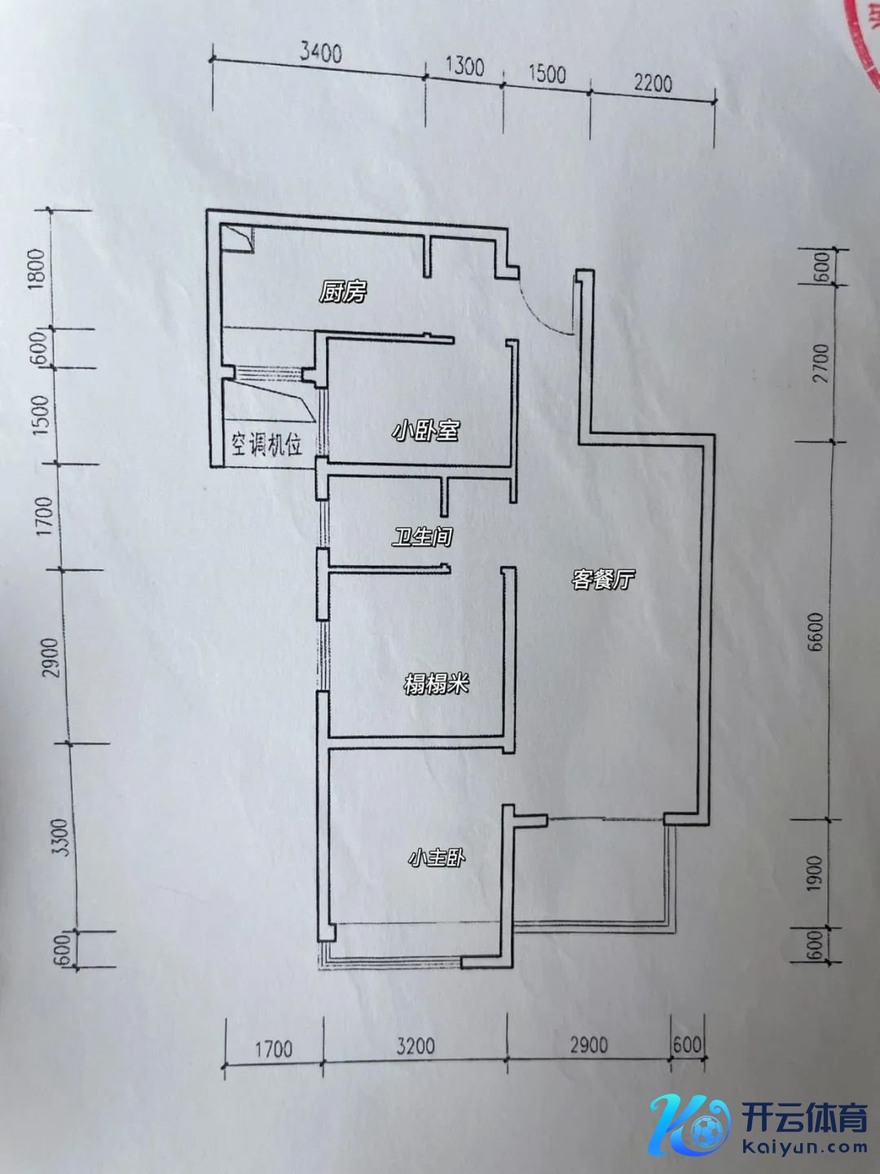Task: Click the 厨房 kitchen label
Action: tap(342, 293)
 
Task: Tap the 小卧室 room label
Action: tap(426, 430)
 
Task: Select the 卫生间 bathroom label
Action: tap(422, 536)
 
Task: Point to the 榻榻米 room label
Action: tap(436, 684)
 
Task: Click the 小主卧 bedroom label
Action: tap(437, 858)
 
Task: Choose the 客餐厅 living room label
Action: tap(603, 579)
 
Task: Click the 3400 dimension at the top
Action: tap(320, 54)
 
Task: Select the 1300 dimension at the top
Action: tap(464, 68)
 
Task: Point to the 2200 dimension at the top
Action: tap(653, 84)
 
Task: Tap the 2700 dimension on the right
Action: tap(821, 363)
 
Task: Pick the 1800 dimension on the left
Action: tap(39, 268)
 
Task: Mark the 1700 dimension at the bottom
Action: tap(274, 1049)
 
